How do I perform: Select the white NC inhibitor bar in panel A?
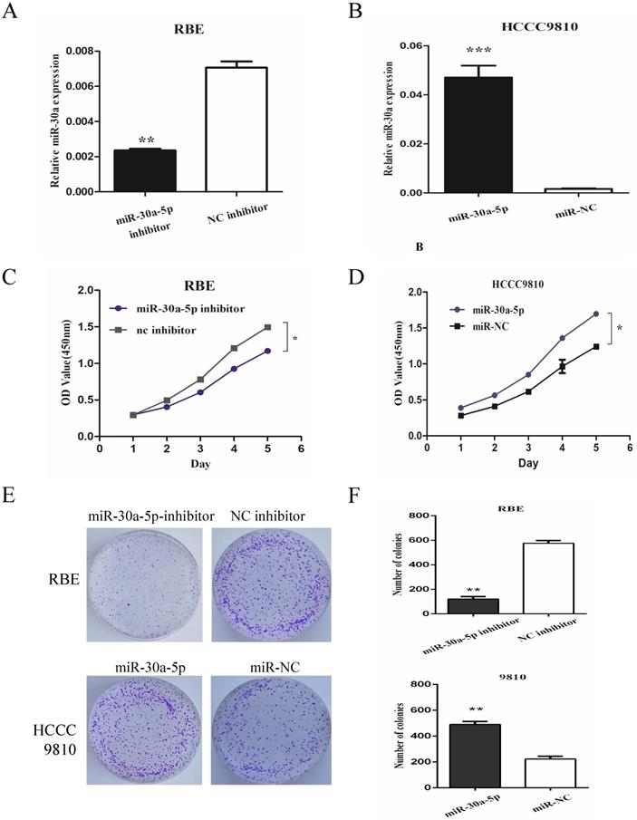tap(235, 130)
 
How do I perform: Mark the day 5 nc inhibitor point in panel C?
tap(267, 327)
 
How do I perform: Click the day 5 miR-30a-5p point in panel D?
tap(595, 314)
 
